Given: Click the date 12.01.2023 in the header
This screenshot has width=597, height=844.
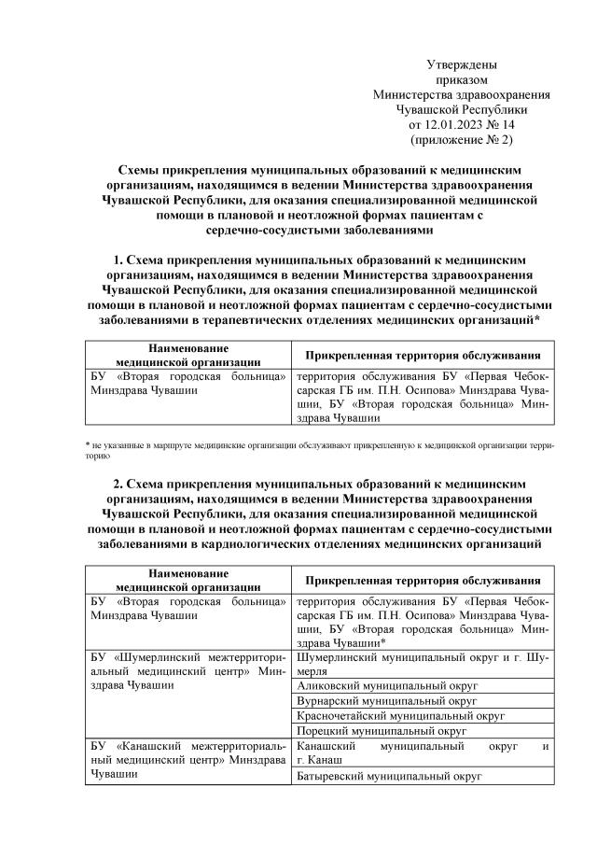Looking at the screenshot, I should point(453,124).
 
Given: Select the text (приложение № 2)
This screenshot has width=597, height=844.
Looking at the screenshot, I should point(461,139).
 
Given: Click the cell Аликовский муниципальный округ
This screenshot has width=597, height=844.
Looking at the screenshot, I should point(374,684).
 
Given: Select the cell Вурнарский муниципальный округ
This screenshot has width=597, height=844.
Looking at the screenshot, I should point(373,700).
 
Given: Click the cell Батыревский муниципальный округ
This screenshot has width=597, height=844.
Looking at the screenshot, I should point(374,776).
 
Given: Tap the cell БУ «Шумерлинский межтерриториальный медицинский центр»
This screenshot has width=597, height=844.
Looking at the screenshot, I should point(187,671).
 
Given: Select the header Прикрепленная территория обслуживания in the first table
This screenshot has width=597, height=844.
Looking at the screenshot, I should point(423,356).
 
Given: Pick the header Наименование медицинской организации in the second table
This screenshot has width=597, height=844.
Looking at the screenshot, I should point(187,579).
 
